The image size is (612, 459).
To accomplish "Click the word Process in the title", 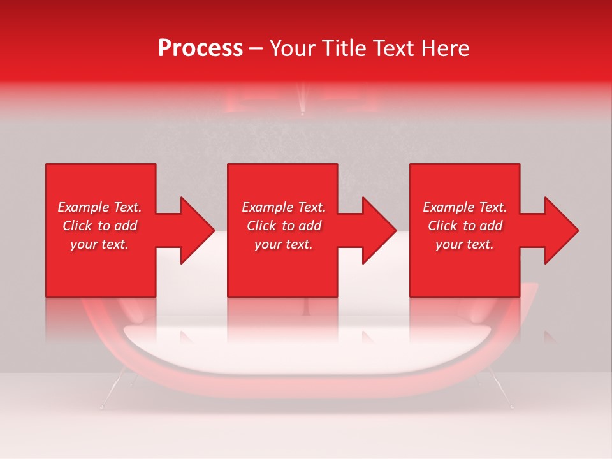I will pos(200,48).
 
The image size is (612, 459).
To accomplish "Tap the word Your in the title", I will pos(295,48).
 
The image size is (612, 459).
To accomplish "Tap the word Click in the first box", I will pos(78,226).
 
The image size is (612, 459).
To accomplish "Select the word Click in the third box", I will pos(443,226).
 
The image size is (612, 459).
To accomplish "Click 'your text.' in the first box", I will pos(99,244).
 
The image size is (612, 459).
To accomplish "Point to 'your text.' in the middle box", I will pos(284,244).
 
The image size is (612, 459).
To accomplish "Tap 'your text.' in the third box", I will pos(465,244).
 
